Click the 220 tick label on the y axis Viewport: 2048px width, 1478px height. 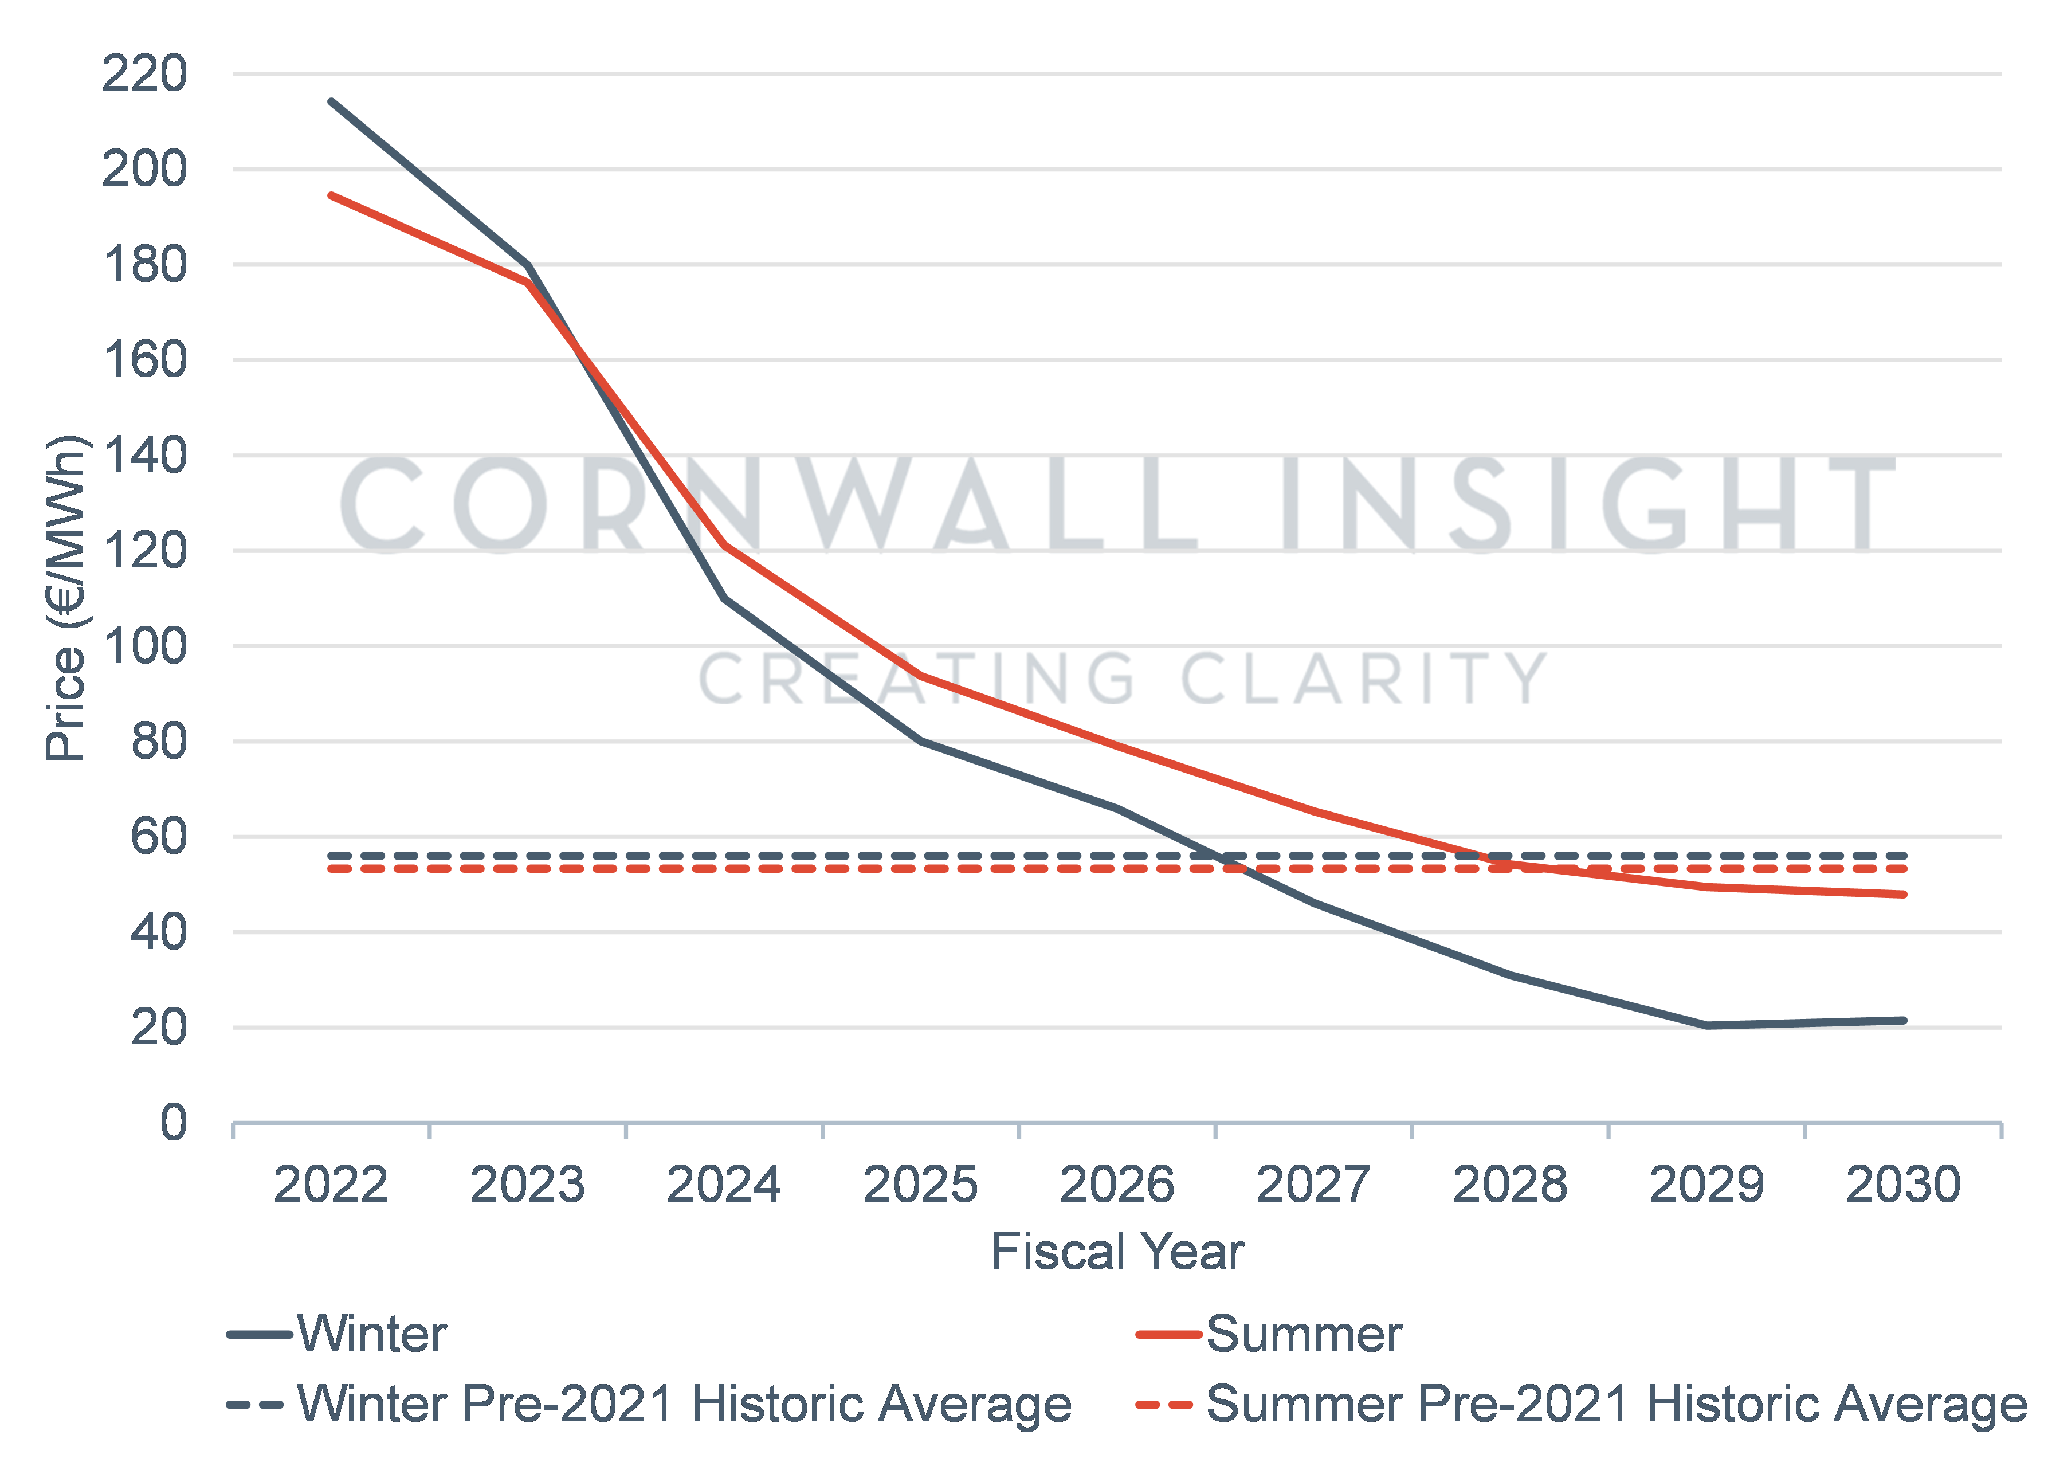tap(144, 74)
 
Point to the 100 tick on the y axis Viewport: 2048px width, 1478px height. tap(144, 646)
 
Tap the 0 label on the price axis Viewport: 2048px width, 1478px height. tap(174, 1123)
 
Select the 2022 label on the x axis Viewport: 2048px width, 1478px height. tap(331, 1185)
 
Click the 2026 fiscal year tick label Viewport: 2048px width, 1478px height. tap(1117, 1185)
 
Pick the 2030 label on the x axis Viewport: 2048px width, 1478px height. tap(1904, 1185)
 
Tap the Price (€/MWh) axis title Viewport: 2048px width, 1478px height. tap(65, 599)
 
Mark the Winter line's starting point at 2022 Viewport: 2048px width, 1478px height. tap(331, 101)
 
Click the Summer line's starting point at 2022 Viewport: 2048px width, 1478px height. tap(331, 195)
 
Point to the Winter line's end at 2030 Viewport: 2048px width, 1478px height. tap(1904, 1020)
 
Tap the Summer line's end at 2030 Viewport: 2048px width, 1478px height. tap(1904, 894)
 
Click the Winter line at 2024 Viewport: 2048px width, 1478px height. tap(724, 598)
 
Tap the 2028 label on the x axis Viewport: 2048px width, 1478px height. tap(1510, 1185)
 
